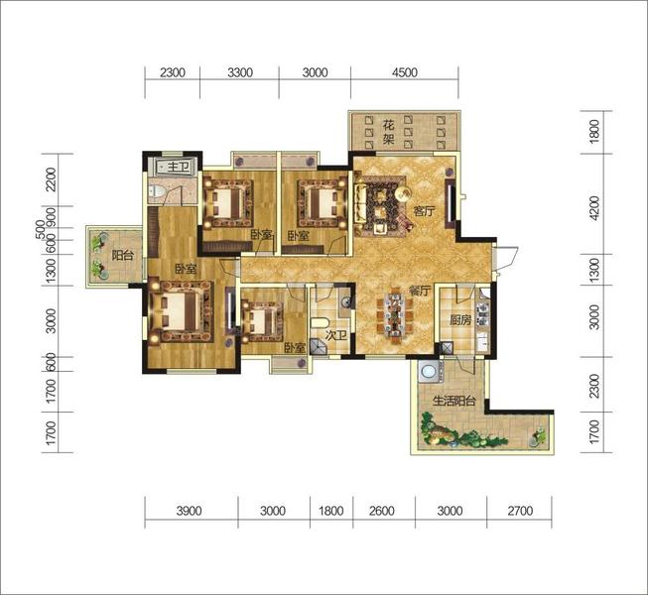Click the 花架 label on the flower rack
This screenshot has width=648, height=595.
[388, 131]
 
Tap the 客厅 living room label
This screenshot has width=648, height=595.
[425, 211]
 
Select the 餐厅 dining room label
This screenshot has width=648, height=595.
[420, 291]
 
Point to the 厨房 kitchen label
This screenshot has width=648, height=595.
[460, 320]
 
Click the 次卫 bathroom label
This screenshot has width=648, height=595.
[336, 336]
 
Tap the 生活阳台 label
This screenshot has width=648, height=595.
[454, 401]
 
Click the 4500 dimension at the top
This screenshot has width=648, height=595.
[405, 72]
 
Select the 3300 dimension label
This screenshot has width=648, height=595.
[240, 72]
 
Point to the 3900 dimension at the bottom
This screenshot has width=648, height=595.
[189, 511]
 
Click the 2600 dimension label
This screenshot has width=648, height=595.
[381, 511]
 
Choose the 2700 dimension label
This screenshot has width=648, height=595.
[520, 511]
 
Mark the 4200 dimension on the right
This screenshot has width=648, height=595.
[593, 207]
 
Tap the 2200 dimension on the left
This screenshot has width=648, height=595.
[51, 179]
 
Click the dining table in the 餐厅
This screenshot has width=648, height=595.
[395, 314]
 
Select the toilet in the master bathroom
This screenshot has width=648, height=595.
[157, 191]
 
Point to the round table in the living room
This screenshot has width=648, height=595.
[403, 192]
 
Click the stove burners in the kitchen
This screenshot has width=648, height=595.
[482, 313]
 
